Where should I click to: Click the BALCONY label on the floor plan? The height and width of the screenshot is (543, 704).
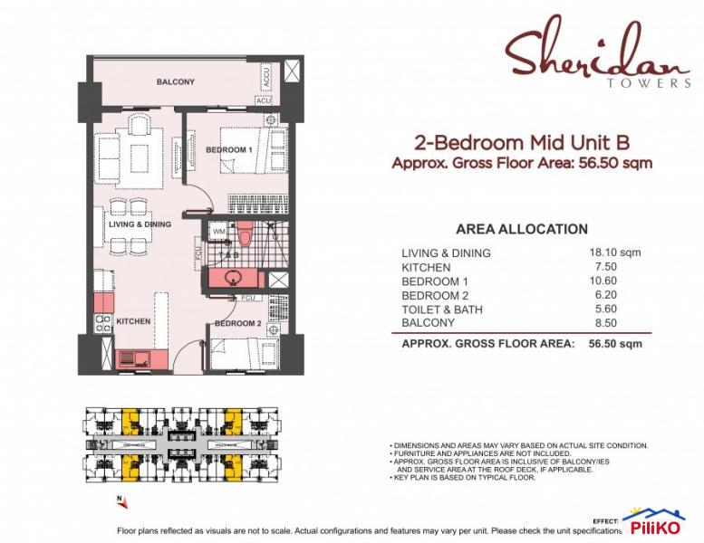pos(175,82)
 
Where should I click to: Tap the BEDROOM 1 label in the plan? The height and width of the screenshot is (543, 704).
pos(228,149)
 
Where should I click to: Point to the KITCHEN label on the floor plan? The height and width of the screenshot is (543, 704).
pos(132,321)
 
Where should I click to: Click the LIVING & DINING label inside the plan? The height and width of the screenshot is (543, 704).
pos(140,224)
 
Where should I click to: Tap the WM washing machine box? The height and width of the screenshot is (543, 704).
pos(218,232)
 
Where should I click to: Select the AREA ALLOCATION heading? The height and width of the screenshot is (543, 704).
pos(521,229)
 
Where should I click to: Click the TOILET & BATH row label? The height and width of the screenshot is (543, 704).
pos(443,310)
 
